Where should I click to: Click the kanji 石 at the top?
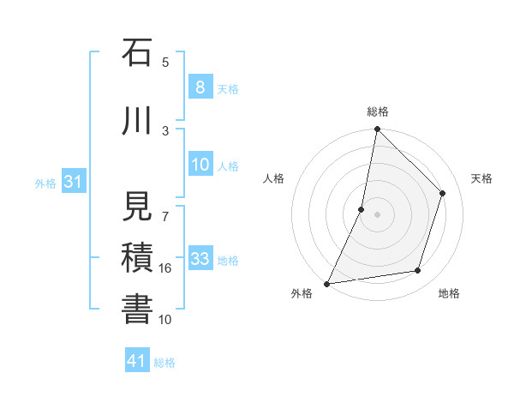[137, 52]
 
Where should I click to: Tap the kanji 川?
[137, 121]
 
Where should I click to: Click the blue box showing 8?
[200, 87]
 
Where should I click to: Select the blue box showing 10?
[200, 165]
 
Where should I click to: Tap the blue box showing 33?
[200, 259]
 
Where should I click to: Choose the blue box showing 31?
[73, 183]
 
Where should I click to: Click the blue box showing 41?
[137, 361]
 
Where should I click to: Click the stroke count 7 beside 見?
[165, 206]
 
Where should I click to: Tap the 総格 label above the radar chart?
[377, 111]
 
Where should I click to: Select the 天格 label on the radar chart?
[481, 178]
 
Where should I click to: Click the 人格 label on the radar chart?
[273, 178]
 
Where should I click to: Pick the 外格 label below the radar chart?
[302, 293]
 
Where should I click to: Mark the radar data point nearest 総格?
[377, 129]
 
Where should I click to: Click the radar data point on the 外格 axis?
[326, 283]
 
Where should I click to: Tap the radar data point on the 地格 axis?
[418, 271]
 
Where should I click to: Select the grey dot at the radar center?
[377, 214]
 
